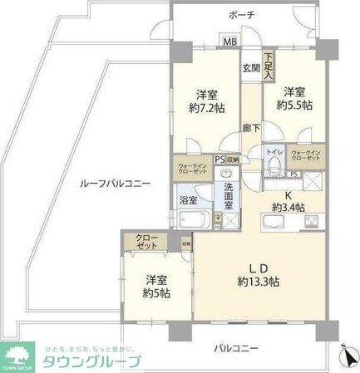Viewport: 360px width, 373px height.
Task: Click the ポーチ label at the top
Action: pyautogui.click(x=242, y=16)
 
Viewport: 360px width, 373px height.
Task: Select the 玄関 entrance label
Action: pyautogui.click(x=250, y=69)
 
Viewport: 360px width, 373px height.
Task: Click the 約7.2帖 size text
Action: pyautogui.click(x=208, y=107)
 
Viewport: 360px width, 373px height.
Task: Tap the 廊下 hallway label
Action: pyautogui.click(x=250, y=127)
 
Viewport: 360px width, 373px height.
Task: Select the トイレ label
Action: pyautogui.click(x=272, y=152)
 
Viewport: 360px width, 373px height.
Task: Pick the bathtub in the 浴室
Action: pyautogui.click(x=195, y=220)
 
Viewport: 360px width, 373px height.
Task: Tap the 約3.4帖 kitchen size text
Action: pyautogui.click(x=288, y=207)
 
